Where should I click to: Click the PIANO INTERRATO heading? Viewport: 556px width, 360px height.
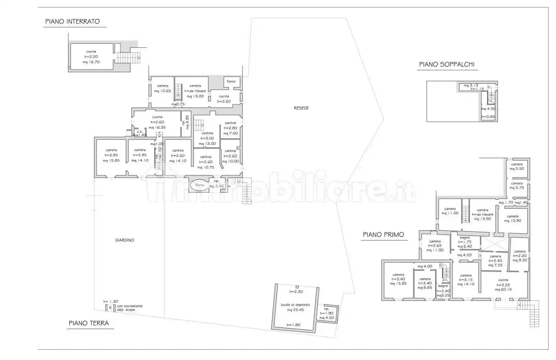[72, 22]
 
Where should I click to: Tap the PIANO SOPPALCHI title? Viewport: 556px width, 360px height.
[447, 64]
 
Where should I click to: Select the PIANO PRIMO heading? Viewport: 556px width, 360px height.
[383, 235]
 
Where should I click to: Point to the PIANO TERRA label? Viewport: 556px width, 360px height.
[89, 323]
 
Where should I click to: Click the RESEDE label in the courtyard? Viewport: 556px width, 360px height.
[301, 108]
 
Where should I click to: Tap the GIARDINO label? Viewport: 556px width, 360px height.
[125, 240]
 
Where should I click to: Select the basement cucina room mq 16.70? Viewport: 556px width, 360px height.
[91, 57]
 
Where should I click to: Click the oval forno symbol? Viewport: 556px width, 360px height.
[199, 185]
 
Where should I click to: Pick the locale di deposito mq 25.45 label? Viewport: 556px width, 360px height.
[295, 307]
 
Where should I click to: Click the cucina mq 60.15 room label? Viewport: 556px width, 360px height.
[503, 285]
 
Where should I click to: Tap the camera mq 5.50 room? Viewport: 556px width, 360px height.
[517, 167]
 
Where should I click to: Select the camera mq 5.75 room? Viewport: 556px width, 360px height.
[517, 185]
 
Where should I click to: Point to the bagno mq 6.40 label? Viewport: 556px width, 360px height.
[465, 242]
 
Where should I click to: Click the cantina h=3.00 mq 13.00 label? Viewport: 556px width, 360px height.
[207, 139]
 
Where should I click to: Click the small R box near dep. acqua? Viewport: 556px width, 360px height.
[110, 308]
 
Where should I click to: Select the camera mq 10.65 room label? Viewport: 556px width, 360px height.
[162, 88]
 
